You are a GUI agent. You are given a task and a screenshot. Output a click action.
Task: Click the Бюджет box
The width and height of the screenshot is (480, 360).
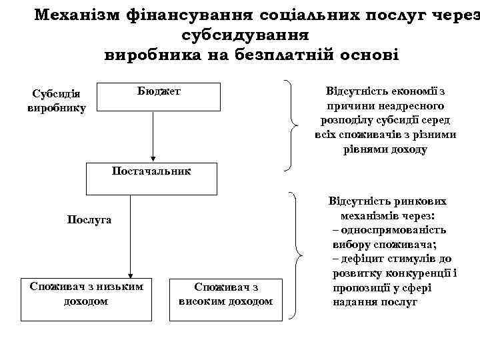tap(159, 96)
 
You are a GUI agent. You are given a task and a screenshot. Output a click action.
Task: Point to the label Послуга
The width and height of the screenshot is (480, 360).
tap(90, 219)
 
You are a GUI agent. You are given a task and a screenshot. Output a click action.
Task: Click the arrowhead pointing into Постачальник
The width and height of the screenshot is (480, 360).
tap(153, 159)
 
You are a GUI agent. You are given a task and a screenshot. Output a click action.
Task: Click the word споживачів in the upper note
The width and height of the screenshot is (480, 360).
tap(363, 135)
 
